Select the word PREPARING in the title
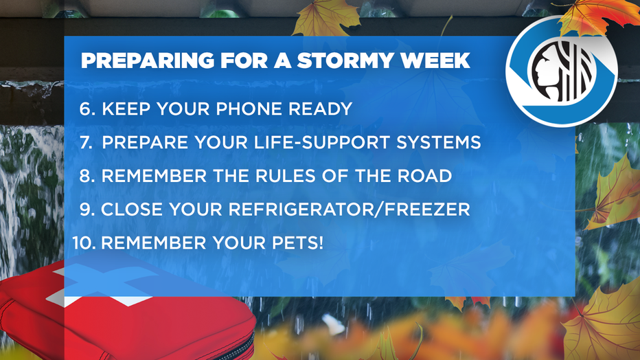coord(148,61)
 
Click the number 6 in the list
coord(87,109)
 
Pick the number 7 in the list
coord(86,142)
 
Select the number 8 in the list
coord(87,176)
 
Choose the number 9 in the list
coord(87,210)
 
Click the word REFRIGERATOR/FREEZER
coord(349,210)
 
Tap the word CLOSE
coord(132,210)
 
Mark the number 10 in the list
coord(84,243)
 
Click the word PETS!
coord(297,243)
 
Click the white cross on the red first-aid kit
coord(98,285)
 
